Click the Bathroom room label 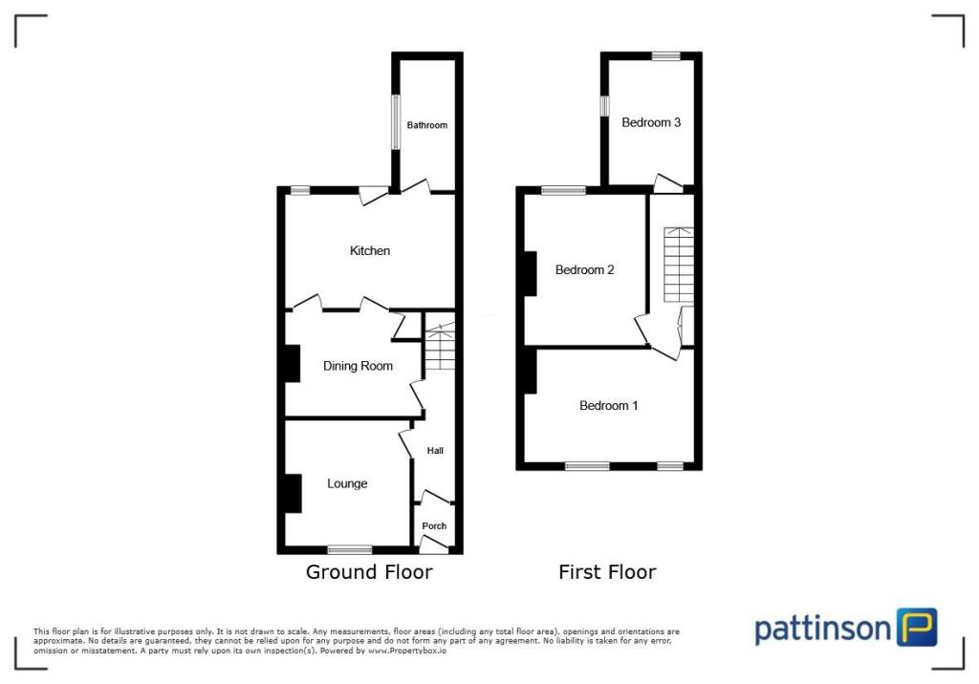point(426,125)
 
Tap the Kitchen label point(370,250)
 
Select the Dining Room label point(358,366)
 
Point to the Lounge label point(347,483)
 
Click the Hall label point(435,451)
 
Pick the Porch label point(434,526)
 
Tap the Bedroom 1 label point(609,405)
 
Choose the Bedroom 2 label point(585,269)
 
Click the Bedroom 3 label point(651,122)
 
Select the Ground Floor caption point(369,572)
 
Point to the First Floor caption point(607,572)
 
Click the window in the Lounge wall point(349,549)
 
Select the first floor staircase point(677,263)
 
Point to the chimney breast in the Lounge point(292,493)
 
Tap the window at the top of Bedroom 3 point(666,56)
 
